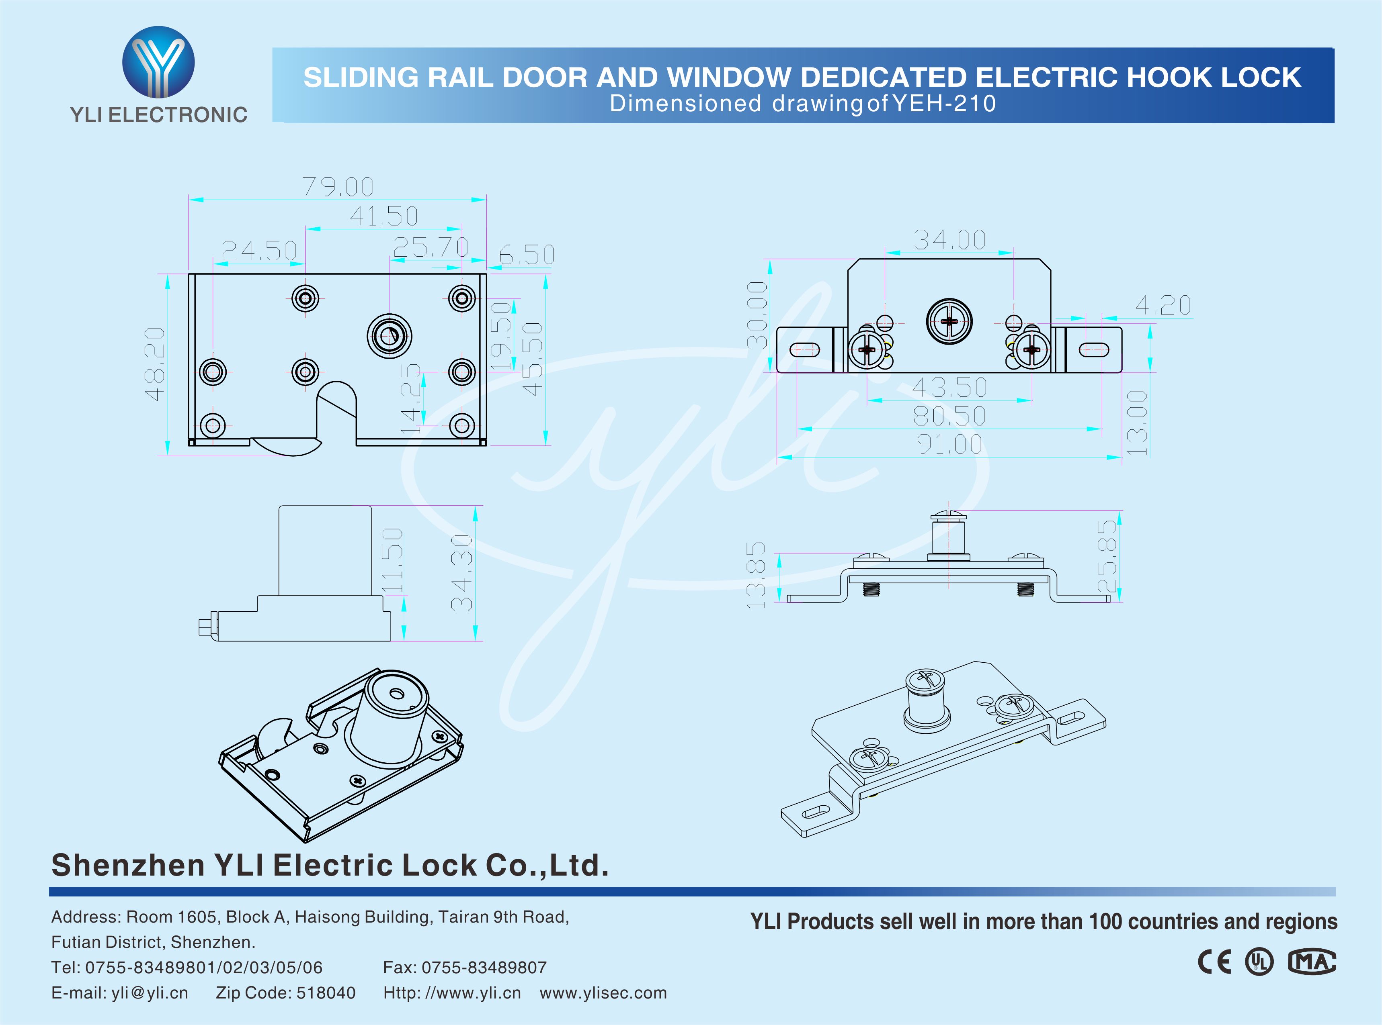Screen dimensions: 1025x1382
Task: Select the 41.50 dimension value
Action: coord(383,216)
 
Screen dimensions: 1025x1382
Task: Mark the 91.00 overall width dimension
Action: coord(949,444)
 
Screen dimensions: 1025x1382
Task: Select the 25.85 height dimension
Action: coord(1107,556)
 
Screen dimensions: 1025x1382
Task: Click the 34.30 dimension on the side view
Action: coord(461,573)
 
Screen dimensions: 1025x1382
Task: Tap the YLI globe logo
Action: coord(158,62)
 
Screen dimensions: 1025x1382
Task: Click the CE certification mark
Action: coord(1214,962)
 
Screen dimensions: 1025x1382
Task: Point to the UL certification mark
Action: coord(1259,962)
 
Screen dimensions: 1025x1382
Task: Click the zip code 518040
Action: coord(326,993)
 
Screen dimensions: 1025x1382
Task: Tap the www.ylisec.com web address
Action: coord(603,993)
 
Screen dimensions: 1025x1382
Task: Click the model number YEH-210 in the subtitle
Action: coord(944,104)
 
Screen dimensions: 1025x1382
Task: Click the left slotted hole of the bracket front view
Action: coord(804,350)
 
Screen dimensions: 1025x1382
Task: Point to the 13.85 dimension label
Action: coord(756,574)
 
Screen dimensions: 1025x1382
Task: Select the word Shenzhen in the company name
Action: coord(128,865)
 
